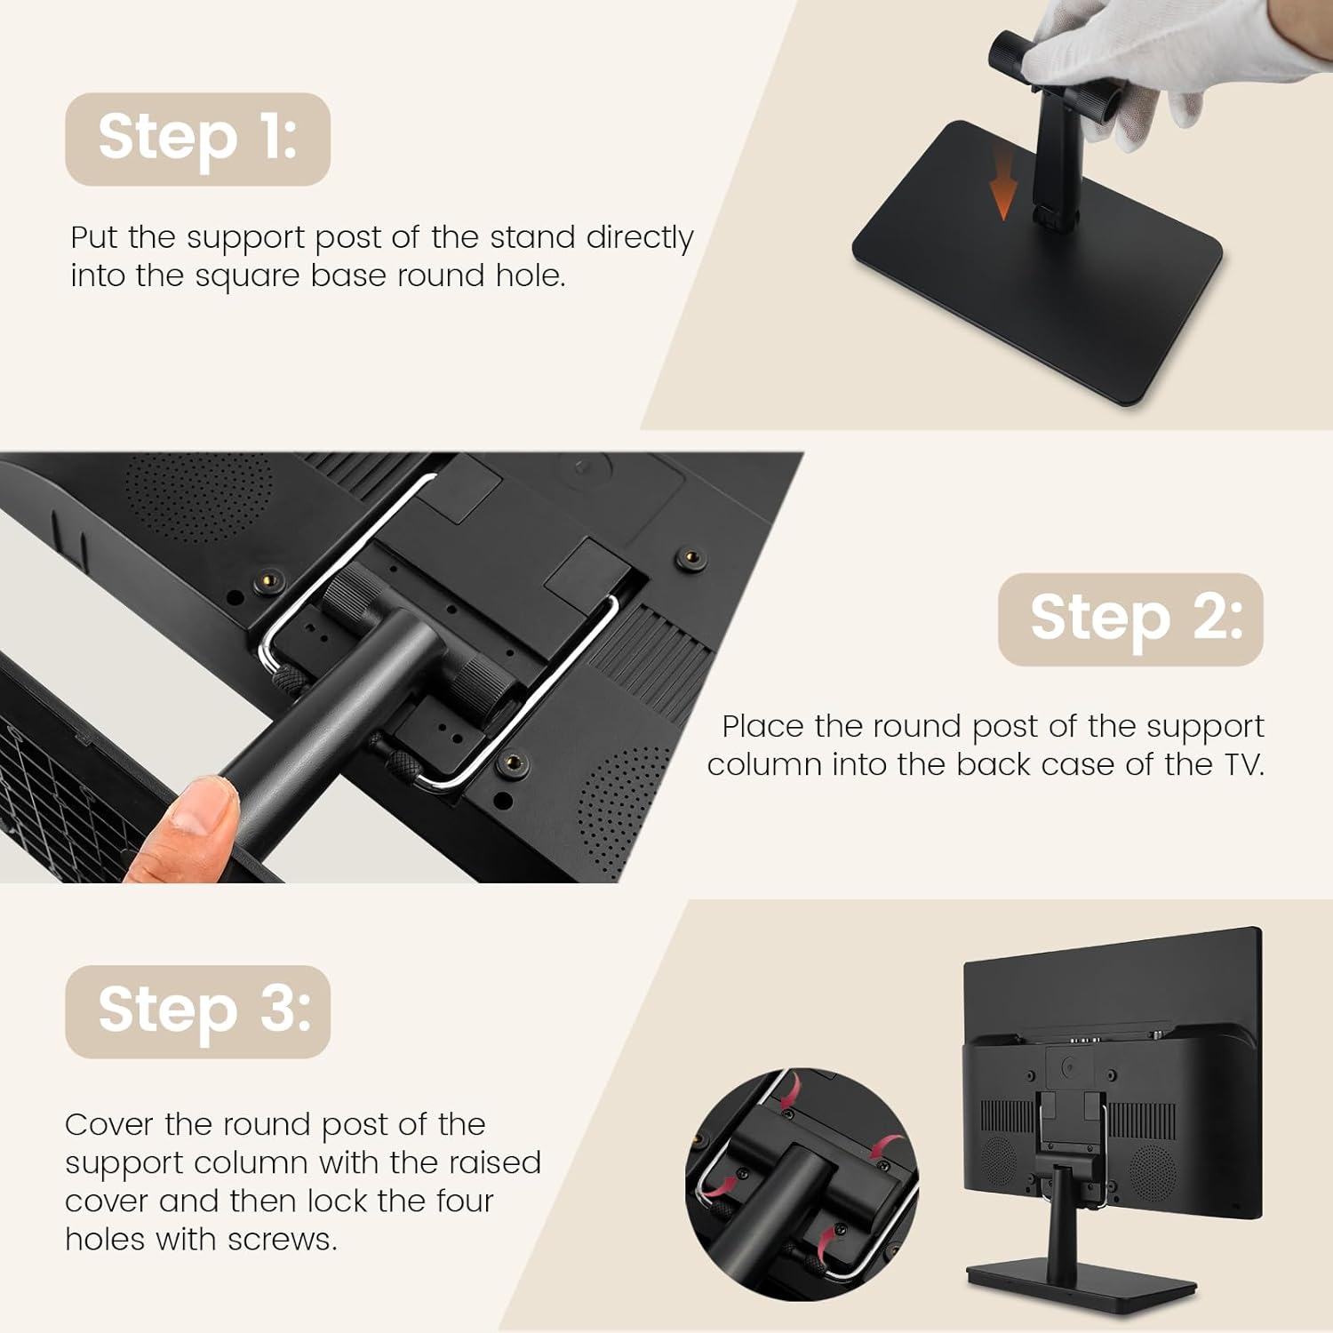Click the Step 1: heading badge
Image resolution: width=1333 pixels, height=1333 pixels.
click(x=197, y=140)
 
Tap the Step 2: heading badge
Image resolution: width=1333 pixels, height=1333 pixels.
click(x=1130, y=619)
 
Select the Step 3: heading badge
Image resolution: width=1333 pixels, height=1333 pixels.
click(x=197, y=1011)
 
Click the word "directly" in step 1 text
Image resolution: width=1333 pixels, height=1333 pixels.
click(x=640, y=238)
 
